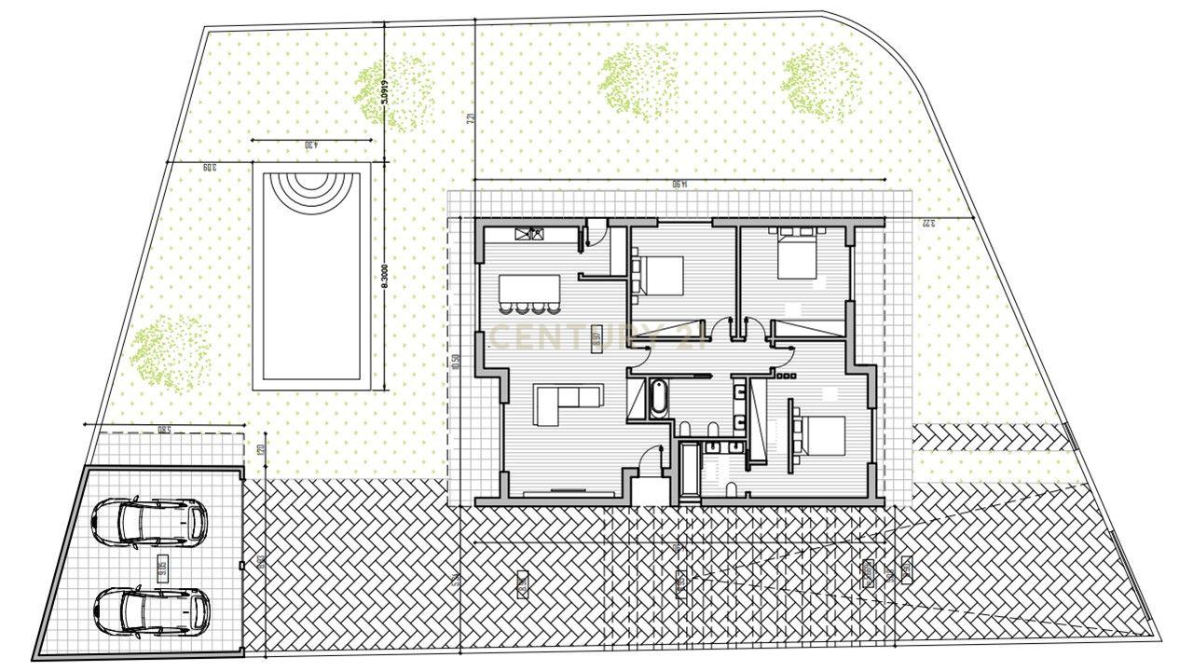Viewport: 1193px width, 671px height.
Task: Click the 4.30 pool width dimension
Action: point(311,144)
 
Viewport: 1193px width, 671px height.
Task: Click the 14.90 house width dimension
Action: point(679,185)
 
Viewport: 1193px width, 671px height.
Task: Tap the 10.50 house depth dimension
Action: point(455,361)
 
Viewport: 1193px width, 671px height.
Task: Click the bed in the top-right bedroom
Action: point(797,255)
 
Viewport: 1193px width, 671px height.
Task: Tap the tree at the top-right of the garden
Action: point(821,82)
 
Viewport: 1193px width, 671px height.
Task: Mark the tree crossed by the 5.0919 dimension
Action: point(394,90)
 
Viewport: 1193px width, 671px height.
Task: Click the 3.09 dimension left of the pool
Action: point(208,168)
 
